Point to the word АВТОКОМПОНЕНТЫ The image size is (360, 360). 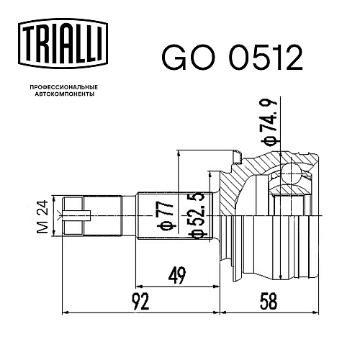pyautogui.click(x=61, y=95)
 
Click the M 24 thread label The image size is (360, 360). pyautogui.click(x=42, y=215)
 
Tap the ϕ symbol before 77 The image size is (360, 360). pyautogui.click(x=164, y=230)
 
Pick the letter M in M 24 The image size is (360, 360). pyautogui.click(x=42, y=228)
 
